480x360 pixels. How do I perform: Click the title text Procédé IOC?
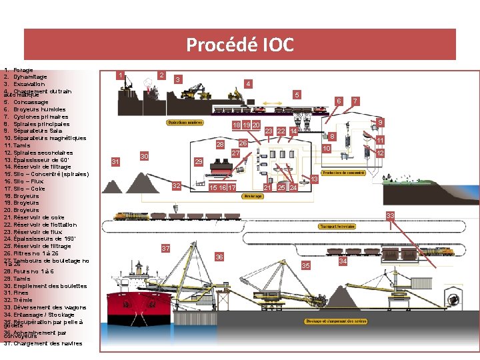[x=239, y=45]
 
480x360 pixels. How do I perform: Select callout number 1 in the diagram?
[x=120, y=75]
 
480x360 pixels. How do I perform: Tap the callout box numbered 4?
[x=248, y=84]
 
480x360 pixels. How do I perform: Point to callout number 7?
[x=355, y=101]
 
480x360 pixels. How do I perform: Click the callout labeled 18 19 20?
[x=246, y=125]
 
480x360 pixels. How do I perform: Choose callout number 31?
[x=116, y=162]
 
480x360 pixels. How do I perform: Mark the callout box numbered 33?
[x=391, y=215]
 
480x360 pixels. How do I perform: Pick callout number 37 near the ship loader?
[x=166, y=249]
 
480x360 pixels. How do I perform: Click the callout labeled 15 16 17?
[x=223, y=188]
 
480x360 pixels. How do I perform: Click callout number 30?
[x=144, y=156]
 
